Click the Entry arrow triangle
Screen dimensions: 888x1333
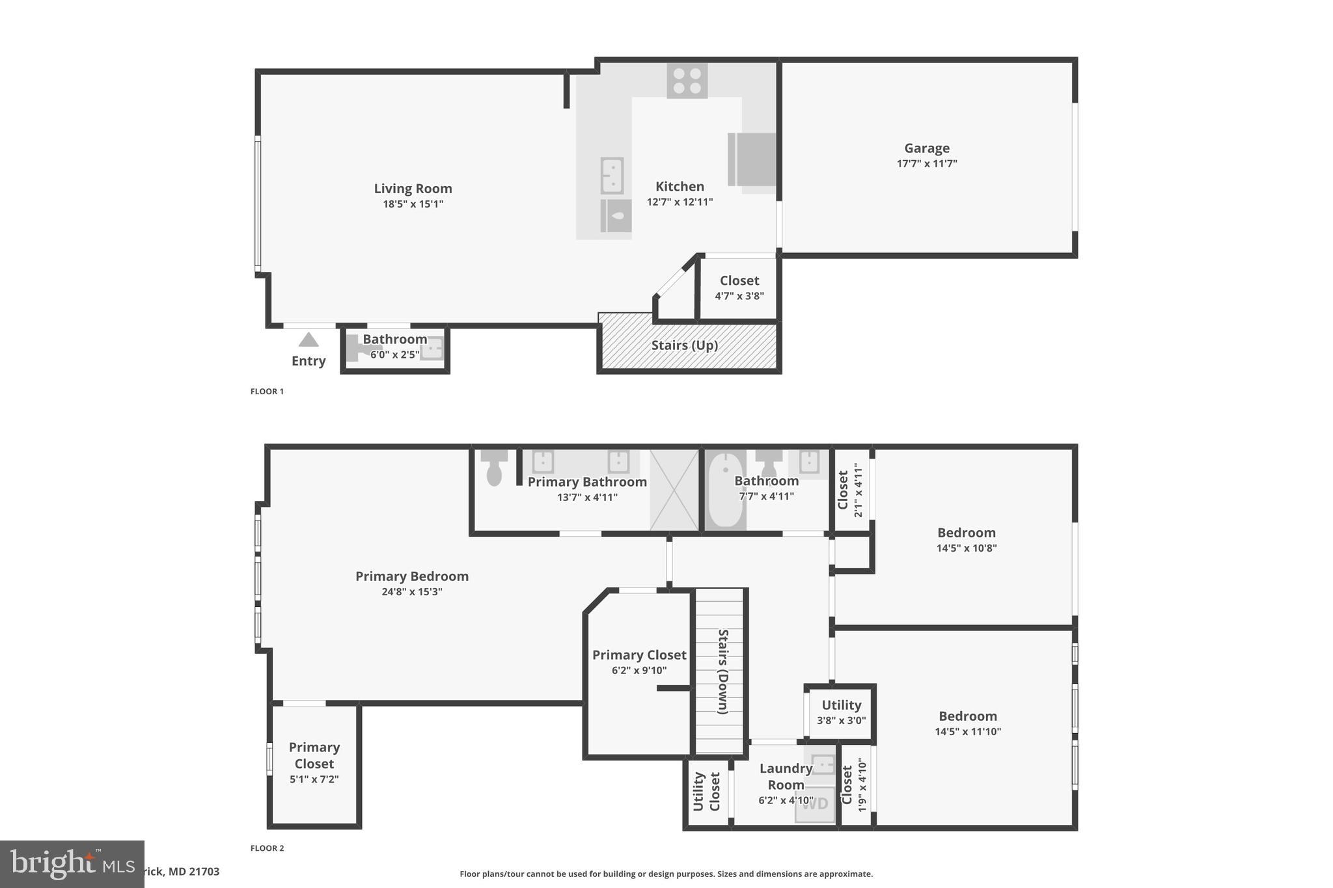coord(309,340)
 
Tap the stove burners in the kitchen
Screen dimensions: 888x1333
coord(687,81)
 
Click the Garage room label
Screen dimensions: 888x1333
coord(926,148)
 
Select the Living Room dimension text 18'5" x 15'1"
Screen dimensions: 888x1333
coord(413,204)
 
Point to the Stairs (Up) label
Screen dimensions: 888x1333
coord(684,345)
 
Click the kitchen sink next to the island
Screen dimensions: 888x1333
coord(612,175)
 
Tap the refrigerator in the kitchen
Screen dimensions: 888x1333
coord(752,159)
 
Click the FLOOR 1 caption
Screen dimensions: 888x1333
coord(267,392)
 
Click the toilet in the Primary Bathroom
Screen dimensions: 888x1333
coord(494,469)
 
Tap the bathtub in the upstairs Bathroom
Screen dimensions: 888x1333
coord(725,490)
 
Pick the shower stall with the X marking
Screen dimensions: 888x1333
coord(674,489)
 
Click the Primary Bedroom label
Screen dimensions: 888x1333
coord(411,576)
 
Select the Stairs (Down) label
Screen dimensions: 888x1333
coord(722,671)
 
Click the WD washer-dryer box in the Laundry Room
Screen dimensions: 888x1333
coord(815,804)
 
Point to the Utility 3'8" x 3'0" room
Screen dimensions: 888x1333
coord(841,712)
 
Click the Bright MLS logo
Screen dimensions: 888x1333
coord(72,864)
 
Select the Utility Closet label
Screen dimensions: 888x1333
coord(707,792)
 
